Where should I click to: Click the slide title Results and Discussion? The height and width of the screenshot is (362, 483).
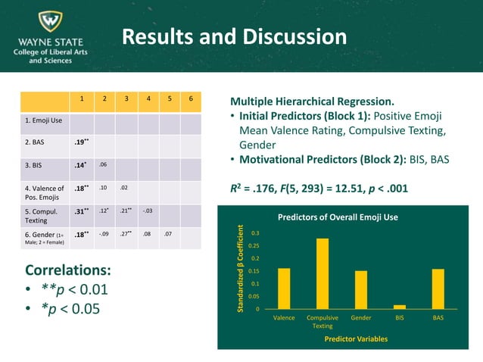pyautogui.click(x=234, y=37)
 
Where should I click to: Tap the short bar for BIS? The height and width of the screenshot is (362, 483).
pyautogui.click(x=400, y=306)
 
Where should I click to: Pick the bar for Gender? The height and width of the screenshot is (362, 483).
pyautogui.click(x=361, y=289)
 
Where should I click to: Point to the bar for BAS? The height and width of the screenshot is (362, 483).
pyautogui.click(x=438, y=289)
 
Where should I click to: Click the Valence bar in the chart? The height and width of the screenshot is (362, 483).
pyautogui.click(x=284, y=289)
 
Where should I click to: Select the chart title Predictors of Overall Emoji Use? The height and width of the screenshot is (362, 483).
pyautogui.click(x=338, y=217)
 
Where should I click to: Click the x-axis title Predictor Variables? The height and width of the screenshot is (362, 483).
pyautogui.click(x=356, y=339)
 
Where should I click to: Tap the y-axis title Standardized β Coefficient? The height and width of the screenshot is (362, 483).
pyautogui.click(x=241, y=269)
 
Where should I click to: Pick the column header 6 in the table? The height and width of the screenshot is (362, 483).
pyautogui.click(x=191, y=99)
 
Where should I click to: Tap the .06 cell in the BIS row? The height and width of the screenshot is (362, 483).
pyautogui.click(x=103, y=164)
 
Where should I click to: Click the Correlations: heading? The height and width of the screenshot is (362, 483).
pyautogui.click(x=68, y=270)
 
